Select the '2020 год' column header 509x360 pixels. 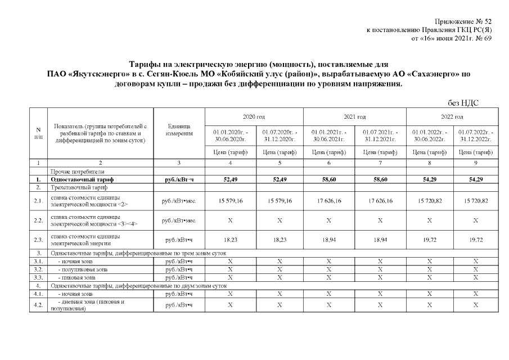254,116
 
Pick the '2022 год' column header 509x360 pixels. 452,116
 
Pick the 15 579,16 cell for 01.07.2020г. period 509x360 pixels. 279,201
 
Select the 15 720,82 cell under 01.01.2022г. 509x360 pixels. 428,201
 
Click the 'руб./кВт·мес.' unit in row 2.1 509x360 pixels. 179,201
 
